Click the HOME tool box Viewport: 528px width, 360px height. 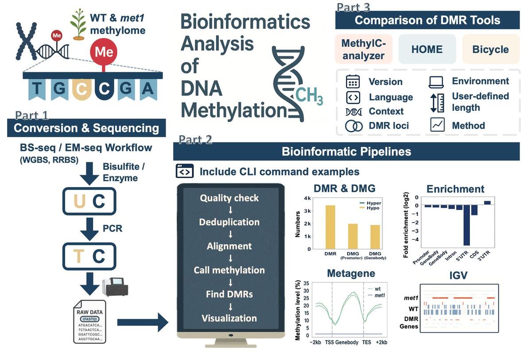(x=427, y=49)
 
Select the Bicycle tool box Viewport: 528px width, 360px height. (x=490, y=49)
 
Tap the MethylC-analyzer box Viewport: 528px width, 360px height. (x=364, y=49)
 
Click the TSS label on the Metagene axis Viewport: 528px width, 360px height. (x=329, y=342)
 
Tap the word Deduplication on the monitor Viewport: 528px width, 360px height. (x=229, y=222)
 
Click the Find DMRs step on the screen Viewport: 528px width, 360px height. (x=229, y=294)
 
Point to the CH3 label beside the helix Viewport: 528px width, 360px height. (x=309, y=95)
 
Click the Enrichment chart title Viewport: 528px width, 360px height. (x=455, y=189)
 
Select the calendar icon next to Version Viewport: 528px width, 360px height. (x=353, y=82)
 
